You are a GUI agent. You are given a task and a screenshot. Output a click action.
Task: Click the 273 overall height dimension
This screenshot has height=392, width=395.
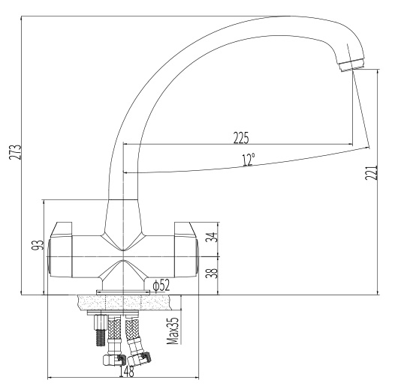click(x=15, y=152)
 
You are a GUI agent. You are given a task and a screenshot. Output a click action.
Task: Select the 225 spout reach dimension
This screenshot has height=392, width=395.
click(x=241, y=138)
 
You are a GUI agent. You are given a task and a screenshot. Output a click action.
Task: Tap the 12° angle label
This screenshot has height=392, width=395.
click(x=249, y=160)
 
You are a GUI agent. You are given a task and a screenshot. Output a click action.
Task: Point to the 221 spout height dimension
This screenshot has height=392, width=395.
click(x=372, y=172)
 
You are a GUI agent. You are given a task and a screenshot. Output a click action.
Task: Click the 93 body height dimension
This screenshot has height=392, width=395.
click(x=38, y=245)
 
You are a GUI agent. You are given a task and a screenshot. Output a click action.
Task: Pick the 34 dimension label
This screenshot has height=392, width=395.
click(x=212, y=237)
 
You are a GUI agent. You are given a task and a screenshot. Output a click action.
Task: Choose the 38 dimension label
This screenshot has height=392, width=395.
click(x=212, y=273)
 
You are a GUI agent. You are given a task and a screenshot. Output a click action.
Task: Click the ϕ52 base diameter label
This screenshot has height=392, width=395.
click(x=161, y=286)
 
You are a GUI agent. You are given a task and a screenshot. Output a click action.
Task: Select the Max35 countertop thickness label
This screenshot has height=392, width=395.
click(x=173, y=330)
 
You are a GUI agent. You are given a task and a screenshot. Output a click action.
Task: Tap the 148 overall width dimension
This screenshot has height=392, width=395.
click(x=126, y=371)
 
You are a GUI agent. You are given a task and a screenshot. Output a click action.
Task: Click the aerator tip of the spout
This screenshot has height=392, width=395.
click(x=352, y=65)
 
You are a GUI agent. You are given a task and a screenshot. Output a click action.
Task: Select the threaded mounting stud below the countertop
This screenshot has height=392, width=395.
click(x=101, y=330)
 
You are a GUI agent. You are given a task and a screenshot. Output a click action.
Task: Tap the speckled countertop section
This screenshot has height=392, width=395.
click(x=124, y=303)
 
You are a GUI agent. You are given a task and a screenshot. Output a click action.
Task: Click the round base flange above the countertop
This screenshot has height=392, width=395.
click(x=123, y=292)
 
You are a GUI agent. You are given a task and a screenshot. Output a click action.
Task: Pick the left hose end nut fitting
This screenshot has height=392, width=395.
click(x=114, y=360)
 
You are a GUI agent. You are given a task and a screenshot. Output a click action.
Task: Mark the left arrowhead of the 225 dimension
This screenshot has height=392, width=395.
click(x=125, y=145)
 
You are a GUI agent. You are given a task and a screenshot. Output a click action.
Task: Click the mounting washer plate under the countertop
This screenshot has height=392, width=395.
click(x=113, y=313)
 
